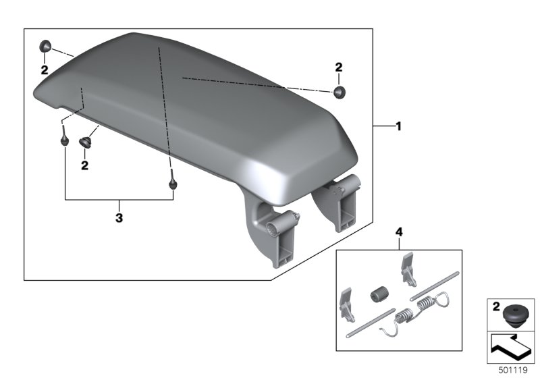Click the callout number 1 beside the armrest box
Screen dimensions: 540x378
pyautogui.click(x=398, y=126)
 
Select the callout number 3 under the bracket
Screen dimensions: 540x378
pyautogui.click(x=119, y=217)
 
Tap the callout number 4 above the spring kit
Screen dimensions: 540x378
pyautogui.click(x=399, y=232)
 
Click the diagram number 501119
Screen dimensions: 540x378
pyautogui.click(x=513, y=370)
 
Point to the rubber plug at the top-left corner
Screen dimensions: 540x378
pyautogui.click(x=45, y=46)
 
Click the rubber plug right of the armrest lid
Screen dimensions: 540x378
pyautogui.click(x=340, y=92)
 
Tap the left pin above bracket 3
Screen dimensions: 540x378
pyautogui.click(x=64, y=136)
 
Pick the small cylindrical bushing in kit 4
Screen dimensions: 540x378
pyautogui.click(x=379, y=295)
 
